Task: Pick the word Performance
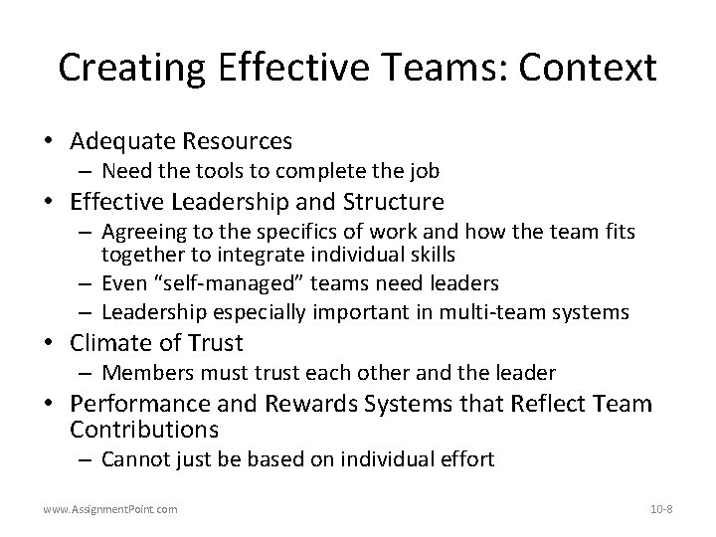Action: coord(138,405)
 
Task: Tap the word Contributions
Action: coord(143,430)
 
